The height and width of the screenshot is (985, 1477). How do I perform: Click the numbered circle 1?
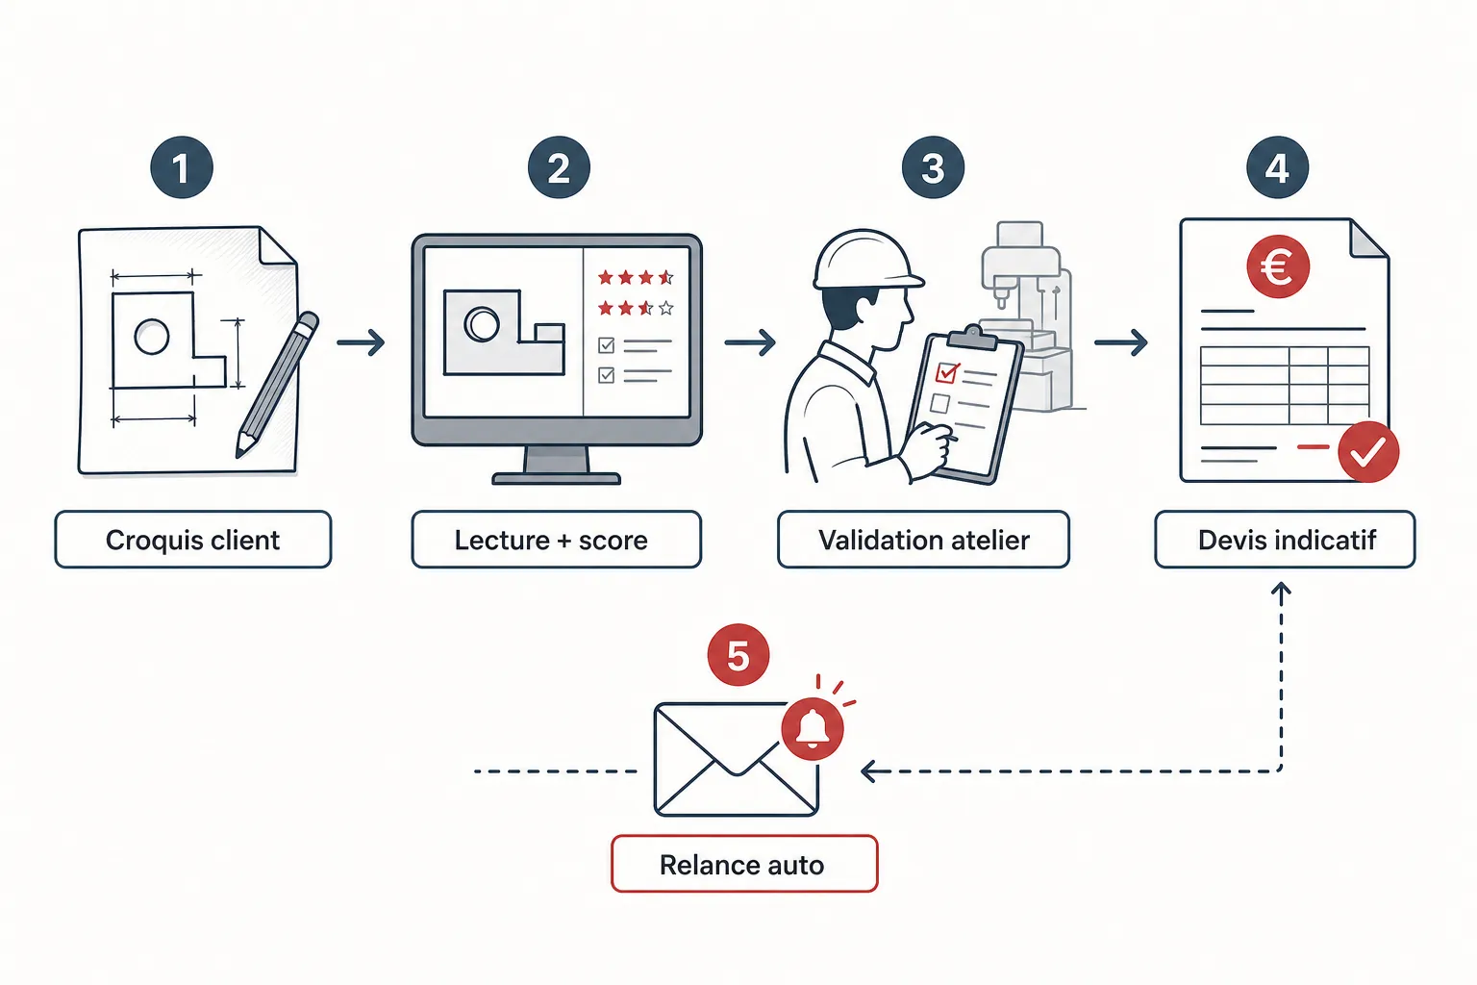tap(182, 167)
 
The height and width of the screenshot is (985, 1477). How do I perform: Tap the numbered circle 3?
tap(933, 167)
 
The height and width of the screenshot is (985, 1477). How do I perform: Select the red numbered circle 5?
tap(738, 655)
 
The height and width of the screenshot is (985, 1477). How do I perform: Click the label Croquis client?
tap(192, 540)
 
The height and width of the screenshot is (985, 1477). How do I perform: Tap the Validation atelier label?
tap(923, 540)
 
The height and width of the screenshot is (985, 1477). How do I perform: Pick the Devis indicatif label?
tap(1285, 540)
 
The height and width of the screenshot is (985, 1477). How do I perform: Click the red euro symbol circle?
tap(1278, 267)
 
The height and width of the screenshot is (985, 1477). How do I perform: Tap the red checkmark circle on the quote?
tap(1368, 452)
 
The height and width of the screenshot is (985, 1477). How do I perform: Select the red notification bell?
tap(813, 729)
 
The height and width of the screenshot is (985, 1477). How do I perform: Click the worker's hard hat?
tap(865, 260)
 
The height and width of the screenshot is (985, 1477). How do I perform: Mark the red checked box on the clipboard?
tap(947, 373)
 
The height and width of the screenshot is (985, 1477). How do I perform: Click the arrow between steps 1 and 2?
tap(361, 342)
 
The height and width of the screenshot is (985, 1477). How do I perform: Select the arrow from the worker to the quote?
tap(1120, 342)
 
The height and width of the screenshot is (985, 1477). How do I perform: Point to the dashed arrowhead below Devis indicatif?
tap(1281, 592)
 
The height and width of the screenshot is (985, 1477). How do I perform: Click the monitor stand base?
tap(557, 479)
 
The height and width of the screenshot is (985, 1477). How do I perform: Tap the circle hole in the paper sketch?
tap(152, 337)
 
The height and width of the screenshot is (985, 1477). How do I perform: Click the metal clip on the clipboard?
tap(972, 337)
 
